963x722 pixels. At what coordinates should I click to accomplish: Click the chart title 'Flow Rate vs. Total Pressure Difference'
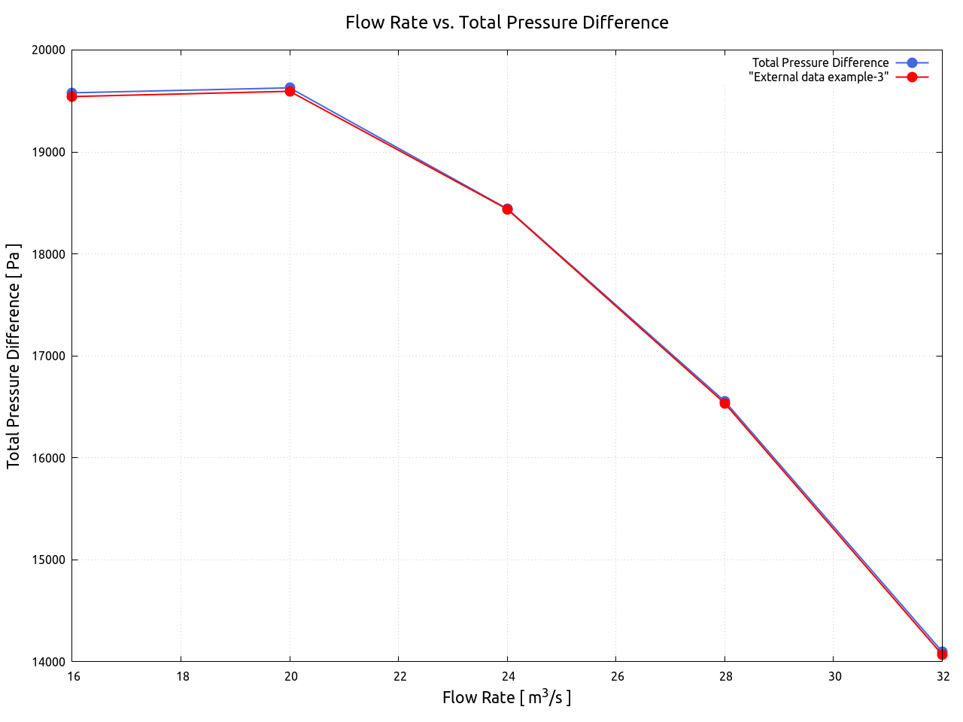pos(506,23)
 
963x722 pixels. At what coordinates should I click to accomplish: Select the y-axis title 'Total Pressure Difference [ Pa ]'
pos(14,356)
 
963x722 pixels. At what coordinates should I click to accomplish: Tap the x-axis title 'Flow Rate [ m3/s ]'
pos(506,697)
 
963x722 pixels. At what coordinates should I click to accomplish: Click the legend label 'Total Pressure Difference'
pos(820,62)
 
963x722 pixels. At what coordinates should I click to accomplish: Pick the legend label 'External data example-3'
pos(819,77)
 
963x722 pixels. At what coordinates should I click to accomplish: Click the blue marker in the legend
pos(912,62)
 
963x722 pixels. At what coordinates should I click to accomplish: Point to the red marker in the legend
pos(912,77)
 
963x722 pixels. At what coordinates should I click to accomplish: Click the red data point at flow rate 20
pos(290,91)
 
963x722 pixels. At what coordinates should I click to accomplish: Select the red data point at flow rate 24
pos(507,209)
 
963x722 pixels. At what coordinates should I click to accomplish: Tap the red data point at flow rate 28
pos(725,403)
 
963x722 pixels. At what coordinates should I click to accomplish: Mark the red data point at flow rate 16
pos(72,96)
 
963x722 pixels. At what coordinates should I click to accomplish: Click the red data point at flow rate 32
pos(942,654)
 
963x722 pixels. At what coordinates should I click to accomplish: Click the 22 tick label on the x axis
pos(399,676)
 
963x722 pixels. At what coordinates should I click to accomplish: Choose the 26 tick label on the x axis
pos(617,676)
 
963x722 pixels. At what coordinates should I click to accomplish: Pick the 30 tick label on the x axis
pos(834,676)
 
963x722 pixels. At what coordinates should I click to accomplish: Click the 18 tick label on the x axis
pos(182,676)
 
